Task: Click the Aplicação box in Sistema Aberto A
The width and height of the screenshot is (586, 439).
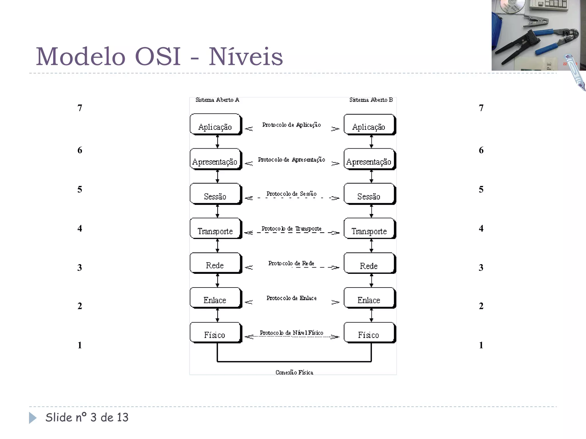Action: point(215,124)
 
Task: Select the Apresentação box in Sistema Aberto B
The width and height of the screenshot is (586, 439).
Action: point(369,159)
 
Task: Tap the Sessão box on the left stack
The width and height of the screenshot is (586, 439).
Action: point(215,194)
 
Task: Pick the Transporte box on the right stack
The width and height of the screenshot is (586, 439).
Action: point(369,229)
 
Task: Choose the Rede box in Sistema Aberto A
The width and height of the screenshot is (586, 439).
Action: point(215,263)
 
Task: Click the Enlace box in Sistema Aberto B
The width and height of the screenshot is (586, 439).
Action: point(369,298)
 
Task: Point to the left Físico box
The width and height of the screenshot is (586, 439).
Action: point(215,333)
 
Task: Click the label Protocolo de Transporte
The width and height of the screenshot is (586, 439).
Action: point(291,229)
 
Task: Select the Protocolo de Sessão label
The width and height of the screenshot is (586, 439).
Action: point(291,194)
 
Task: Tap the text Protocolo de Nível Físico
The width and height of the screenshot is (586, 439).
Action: point(291,333)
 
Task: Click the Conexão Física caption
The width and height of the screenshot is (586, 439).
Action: point(294,372)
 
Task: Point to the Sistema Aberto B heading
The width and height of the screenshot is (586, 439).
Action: point(371,100)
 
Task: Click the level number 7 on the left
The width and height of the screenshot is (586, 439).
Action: point(80,108)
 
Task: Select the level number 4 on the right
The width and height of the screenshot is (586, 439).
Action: point(481,228)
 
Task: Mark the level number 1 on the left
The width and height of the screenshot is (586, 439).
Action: point(80,345)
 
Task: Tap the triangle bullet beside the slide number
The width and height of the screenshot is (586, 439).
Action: point(33,418)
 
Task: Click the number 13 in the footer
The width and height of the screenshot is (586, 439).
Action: point(122,418)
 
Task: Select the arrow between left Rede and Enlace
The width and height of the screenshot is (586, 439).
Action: point(217,281)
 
